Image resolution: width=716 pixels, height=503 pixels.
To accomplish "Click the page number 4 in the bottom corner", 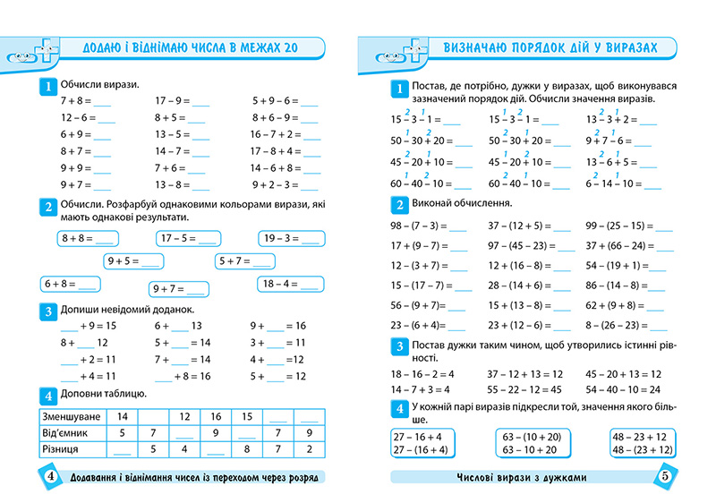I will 50,476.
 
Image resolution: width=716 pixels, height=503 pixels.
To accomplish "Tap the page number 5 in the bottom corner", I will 666,476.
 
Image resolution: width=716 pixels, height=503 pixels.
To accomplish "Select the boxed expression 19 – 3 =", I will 289,239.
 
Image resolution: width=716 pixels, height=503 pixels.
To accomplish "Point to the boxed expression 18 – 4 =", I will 288,284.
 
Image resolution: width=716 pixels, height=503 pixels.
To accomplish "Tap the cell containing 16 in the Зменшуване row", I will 216,417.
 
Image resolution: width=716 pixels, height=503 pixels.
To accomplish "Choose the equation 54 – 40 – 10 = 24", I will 623,389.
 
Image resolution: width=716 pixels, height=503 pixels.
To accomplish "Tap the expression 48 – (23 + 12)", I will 639,450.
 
